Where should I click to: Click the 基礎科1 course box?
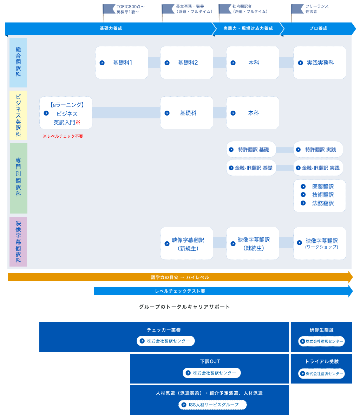point(122,63)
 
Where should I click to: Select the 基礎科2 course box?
point(186,63)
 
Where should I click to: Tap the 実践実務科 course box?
point(320,63)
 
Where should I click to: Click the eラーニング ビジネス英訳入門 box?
point(66,113)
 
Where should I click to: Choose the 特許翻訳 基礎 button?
point(251,150)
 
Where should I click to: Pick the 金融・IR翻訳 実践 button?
point(318,168)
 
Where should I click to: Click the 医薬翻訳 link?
point(322,187)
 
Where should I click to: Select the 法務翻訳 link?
point(322,203)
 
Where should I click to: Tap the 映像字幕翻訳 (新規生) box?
point(186,244)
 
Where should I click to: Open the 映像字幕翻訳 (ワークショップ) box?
point(320,244)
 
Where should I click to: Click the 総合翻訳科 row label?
point(18,63)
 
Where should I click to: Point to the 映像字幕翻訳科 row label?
point(18,242)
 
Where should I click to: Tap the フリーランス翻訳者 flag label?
point(312,9)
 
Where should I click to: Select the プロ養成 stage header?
point(318,28)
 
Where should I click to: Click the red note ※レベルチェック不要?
point(63,136)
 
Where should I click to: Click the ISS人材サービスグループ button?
point(213,405)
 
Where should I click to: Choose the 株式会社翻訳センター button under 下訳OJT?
point(212,373)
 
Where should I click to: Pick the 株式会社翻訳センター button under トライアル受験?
point(321,374)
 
